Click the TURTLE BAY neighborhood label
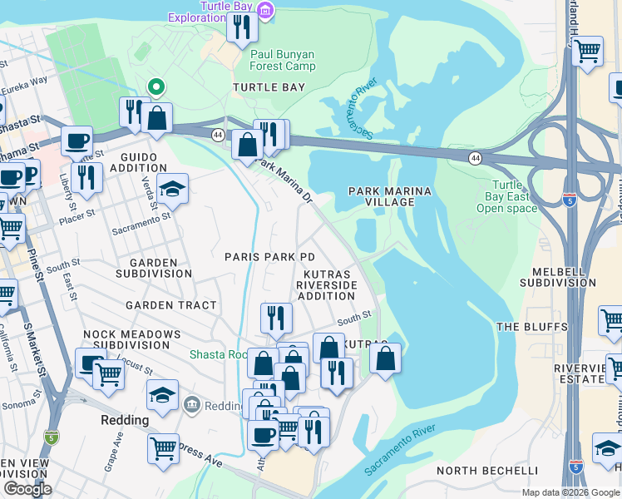[269, 87]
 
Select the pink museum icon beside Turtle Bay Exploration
[265, 11]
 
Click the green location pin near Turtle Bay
[155, 86]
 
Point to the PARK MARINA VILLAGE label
[390, 197]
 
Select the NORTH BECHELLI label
[487, 471]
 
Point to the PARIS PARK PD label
[270, 257]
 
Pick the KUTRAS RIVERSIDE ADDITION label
[327, 284]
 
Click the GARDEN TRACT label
[170, 305]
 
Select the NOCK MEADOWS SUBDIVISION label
[131, 339]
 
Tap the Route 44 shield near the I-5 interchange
[474, 156]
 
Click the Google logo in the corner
[27, 489]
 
